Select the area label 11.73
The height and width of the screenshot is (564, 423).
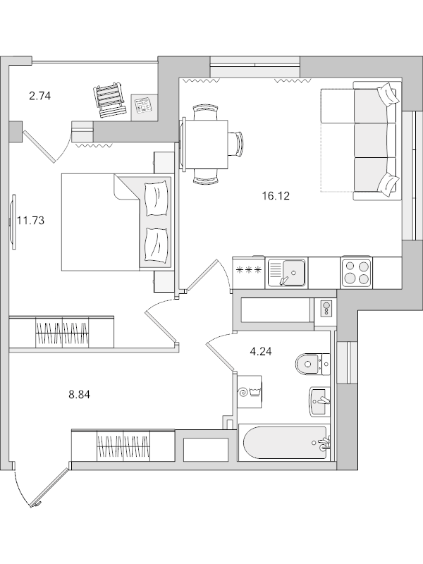30,220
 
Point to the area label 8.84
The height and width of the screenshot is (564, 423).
80,395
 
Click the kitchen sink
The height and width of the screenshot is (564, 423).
286,271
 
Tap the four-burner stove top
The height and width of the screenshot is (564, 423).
356,272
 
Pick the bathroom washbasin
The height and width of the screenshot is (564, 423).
319,401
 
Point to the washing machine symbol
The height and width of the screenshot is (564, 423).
250,391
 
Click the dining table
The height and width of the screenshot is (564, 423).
206,145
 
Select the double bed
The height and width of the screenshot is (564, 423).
116,222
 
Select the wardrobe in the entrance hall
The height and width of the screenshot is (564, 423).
123,445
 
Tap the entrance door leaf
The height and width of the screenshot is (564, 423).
49,486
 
